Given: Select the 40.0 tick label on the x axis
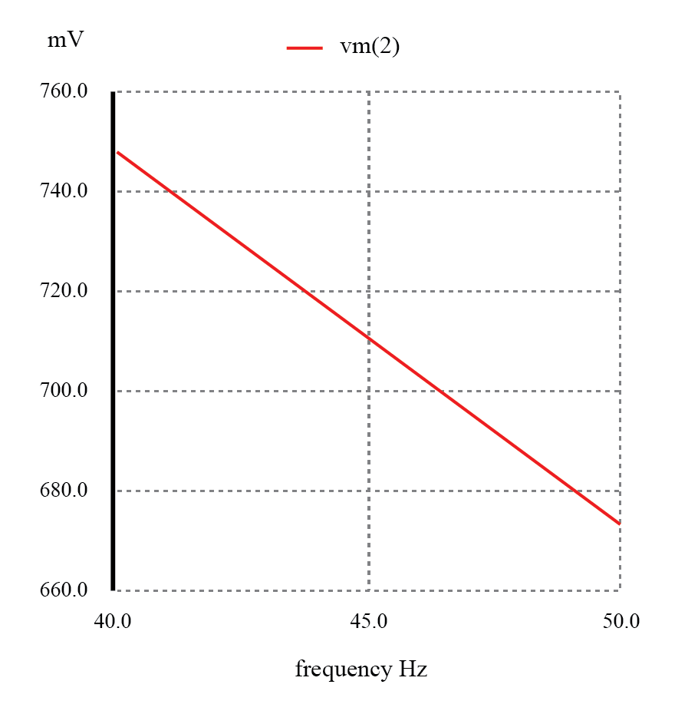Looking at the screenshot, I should click(113, 621).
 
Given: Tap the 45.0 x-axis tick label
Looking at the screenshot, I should click(369, 621).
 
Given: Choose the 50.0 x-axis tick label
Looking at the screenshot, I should click(621, 621).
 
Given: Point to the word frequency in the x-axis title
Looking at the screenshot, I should click(342, 670).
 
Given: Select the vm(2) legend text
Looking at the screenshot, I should click(370, 47).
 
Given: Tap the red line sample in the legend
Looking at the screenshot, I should click(304, 48).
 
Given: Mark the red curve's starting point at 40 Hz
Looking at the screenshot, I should click(117, 152).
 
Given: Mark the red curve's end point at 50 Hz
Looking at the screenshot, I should click(619, 524).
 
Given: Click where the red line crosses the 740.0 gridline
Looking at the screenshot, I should click(166, 191).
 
